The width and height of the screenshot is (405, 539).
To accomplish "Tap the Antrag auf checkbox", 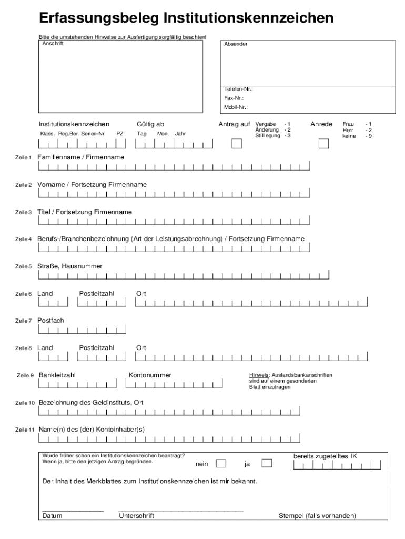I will (237, 144).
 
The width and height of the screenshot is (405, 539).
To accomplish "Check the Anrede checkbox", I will (323, 144).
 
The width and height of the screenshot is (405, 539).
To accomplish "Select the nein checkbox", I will (221, 464).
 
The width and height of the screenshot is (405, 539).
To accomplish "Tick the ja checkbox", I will (267, 464).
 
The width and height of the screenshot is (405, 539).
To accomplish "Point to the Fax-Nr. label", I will (234, 98).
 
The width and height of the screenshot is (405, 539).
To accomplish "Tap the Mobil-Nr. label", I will (236, 107).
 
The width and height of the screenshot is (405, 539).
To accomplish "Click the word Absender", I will (236, 44).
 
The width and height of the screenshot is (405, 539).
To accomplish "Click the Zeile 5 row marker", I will (24, 267).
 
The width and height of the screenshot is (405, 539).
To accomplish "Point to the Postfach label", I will (50, 320).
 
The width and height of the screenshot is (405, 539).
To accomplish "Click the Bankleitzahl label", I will (57, 375).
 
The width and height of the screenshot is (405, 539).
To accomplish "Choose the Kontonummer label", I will (150, 375).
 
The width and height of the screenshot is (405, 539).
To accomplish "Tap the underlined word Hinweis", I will (259, 375).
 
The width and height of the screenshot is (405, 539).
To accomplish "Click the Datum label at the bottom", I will (52, 516).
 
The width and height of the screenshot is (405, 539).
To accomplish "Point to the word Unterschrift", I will (137, 516).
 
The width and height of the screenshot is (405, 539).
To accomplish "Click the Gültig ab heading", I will (150, 124).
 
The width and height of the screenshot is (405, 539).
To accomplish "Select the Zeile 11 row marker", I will (25, 430).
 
